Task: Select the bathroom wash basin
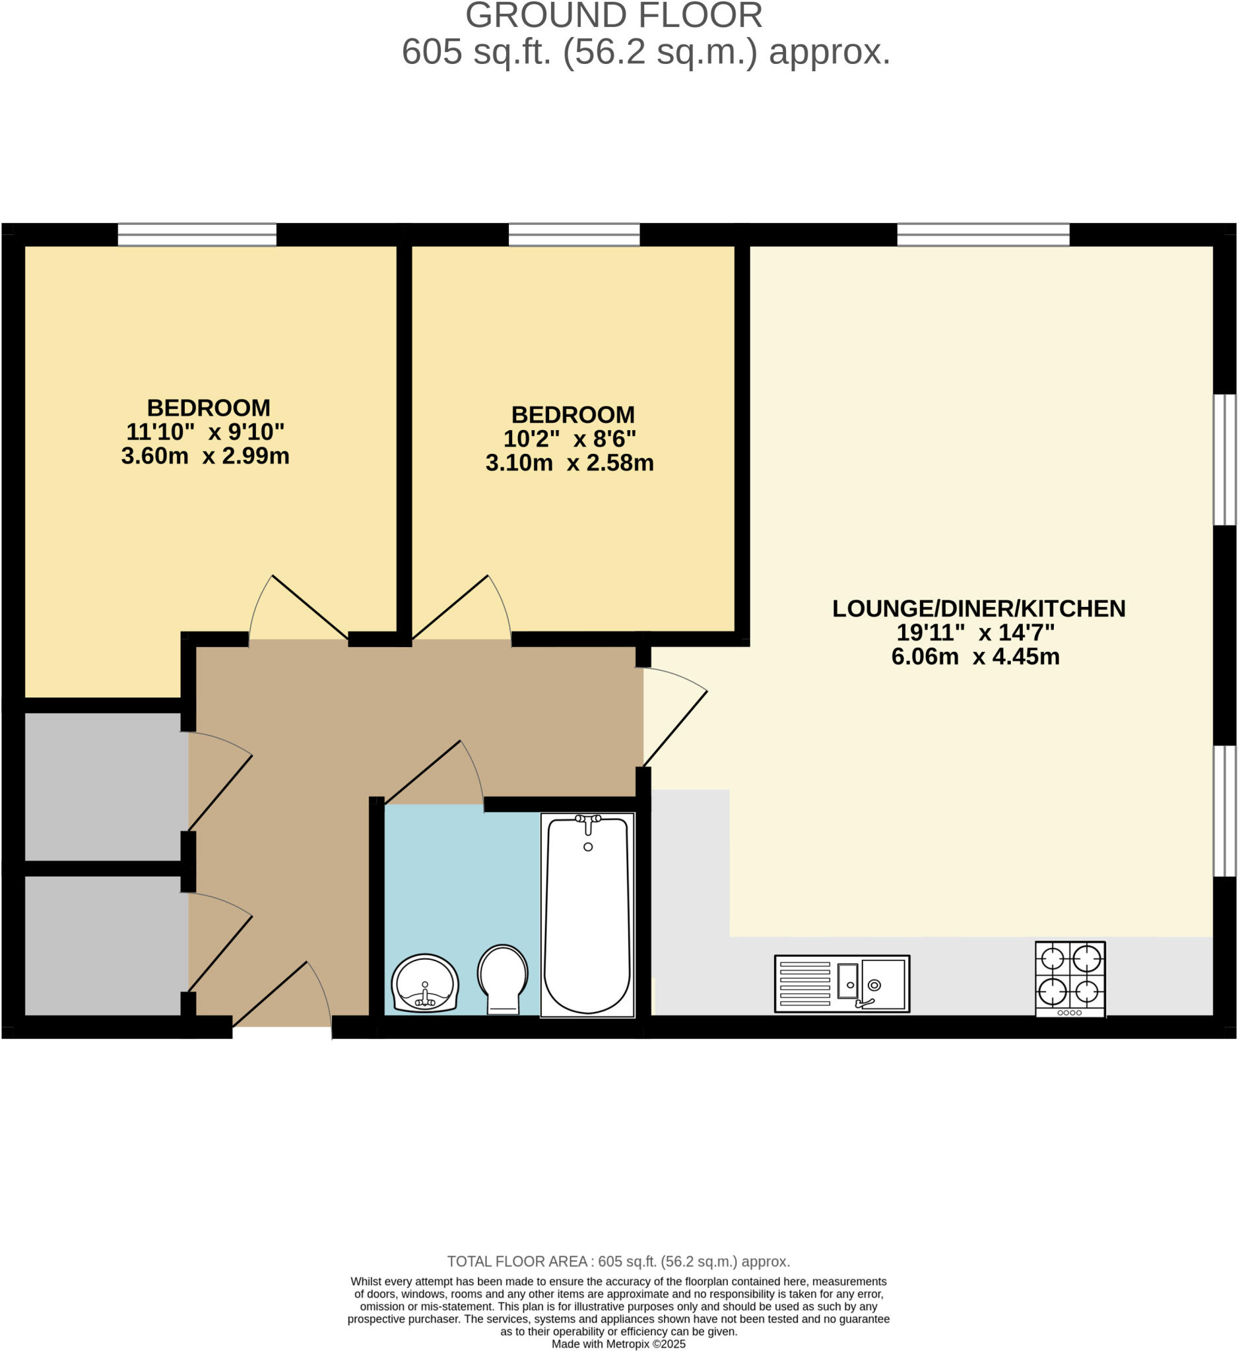[x=425, y=982]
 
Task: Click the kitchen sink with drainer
[x=842, y=984]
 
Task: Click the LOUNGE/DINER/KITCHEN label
[x=979, y=608]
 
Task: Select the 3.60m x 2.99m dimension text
[x=205, y=456]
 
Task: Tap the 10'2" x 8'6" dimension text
[x=570, y=439]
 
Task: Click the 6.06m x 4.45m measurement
[x=975, y=656]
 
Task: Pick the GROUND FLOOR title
[x=614, y=16]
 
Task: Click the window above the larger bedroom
[x=197, y=235]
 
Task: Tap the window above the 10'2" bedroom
[x=574, y=235]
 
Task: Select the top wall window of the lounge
[x=984, y=235]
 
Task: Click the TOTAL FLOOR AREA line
[x=618, y=1261]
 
